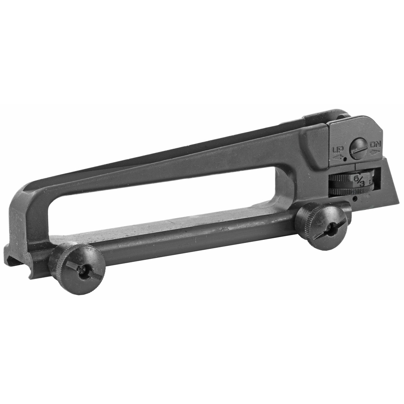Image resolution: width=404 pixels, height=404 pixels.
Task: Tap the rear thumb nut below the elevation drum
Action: click(322, 226)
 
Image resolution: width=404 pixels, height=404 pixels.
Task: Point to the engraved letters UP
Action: click(338, 149)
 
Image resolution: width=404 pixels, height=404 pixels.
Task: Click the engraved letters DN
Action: click(375, 145)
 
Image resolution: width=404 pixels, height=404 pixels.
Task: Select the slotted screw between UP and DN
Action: click(359, 149)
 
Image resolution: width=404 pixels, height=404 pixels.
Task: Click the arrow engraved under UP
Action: click(338, 157)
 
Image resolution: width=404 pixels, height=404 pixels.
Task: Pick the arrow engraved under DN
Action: click(375, 151)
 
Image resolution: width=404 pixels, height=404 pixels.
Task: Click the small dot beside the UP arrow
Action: click(346, 160)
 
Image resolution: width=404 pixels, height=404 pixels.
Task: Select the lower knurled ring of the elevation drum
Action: click(349, 191)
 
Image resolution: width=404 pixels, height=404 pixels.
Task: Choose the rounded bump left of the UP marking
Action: click(314, 146)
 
